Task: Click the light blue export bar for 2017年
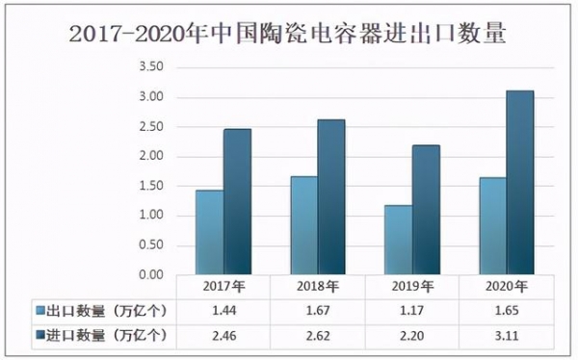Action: point(209,232)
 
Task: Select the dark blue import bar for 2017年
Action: point(237,202)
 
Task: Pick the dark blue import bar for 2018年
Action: point(331,197)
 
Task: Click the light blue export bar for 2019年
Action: point(398,240)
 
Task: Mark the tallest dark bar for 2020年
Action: point(520,183)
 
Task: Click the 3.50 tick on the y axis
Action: point(151,67)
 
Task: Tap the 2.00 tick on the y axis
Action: point(151,157)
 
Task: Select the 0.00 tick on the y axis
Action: point(151,275)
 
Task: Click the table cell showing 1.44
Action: point(223,311)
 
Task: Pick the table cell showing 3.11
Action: point(506,335)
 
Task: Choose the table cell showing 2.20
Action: point(411,335)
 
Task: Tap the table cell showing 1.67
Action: point(317,311)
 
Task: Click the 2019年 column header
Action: point(411,287)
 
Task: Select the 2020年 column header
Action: point(506,287)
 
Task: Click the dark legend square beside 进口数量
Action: point(41,335)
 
